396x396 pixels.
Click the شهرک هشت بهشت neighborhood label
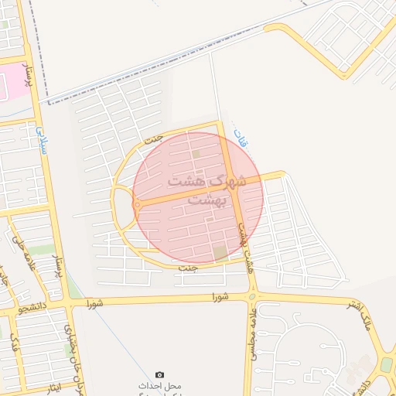click(207, 189)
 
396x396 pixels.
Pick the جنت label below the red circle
click(188, 268)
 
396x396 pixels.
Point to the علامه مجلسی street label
click(252, 333)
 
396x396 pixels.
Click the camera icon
click(160, 374)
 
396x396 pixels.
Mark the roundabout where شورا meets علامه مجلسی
click(253, 295)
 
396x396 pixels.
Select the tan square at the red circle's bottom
click(221, 253)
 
